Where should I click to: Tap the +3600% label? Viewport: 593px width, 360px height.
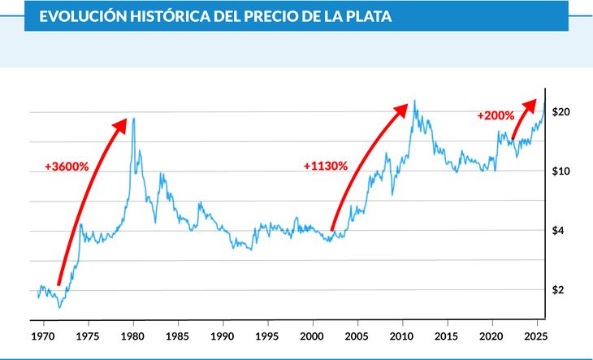(x=67, y=167)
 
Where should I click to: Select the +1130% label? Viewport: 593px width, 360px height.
(x=326, y=166)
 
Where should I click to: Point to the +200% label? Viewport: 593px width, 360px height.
(x=496, y=115)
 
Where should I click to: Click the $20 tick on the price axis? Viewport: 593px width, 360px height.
(x=561, y=111)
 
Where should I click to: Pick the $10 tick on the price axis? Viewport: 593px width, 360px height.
(x=561, y=171)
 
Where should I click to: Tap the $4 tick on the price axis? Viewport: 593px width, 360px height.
(x=558, y=231)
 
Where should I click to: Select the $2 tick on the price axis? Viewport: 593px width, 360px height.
(x=558, y=290)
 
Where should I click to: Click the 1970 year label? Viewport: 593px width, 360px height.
(x=42, y=335)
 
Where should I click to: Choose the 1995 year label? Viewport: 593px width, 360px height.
(x=268, y=335)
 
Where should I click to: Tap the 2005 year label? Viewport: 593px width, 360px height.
(x=357, y=335)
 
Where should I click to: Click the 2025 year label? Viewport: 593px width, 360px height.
(x=535, y=335)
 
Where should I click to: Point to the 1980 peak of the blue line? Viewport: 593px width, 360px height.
(x=133, y=119)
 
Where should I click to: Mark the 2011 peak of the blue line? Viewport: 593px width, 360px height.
(x=415, y=101)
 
